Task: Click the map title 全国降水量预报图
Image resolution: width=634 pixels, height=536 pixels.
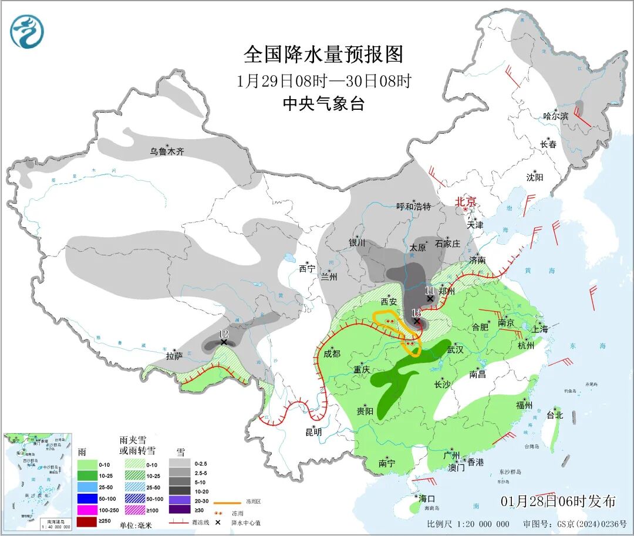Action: pyautogui.click(x=323, y=55)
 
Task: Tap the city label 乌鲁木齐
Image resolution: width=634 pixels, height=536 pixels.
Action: pyautogui.click(x=167, y=151)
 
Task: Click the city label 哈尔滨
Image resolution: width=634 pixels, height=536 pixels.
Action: pyautogui.click(x=555, y=116)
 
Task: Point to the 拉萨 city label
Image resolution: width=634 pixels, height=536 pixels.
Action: pyautogui.click(x=174, y=356)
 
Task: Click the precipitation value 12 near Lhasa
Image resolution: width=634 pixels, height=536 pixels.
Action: pyautogui.click(x=223, y=334)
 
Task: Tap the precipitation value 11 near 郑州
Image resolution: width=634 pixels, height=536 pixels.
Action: pyautogui.click(x=429, y=291)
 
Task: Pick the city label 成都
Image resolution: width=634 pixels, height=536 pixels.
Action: pyautogui.click(x=332, y=353)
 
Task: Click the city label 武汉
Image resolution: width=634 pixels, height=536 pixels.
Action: pyautogui.click(x=455, y=349)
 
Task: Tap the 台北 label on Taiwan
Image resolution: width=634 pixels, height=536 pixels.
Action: pyautogui.click(x=554, y=415)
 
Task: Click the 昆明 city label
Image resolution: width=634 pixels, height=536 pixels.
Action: pyautogui.click(x=313, y=432)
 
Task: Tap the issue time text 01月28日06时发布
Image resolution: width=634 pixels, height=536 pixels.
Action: pyautogui.click(x=558, y=501)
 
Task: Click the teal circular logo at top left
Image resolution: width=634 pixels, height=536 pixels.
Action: pyautogui.click(x=27, y=32)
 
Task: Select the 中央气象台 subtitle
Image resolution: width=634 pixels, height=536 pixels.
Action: pyautogui.click(x=323, y=104)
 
